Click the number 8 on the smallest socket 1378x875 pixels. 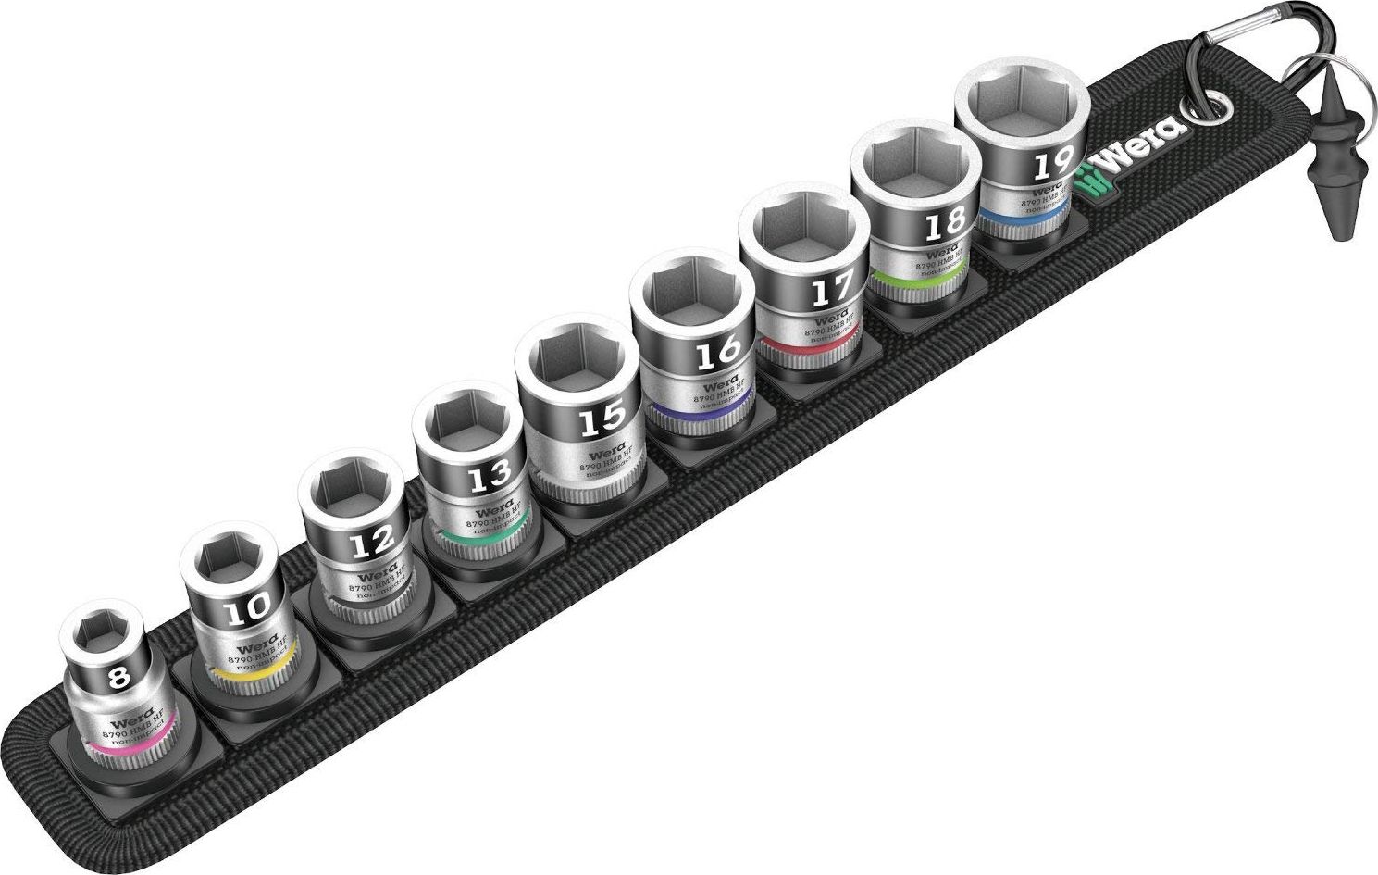118,678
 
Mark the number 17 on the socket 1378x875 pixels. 830,292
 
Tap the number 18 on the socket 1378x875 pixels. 944,222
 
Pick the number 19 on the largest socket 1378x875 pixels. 1052,167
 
